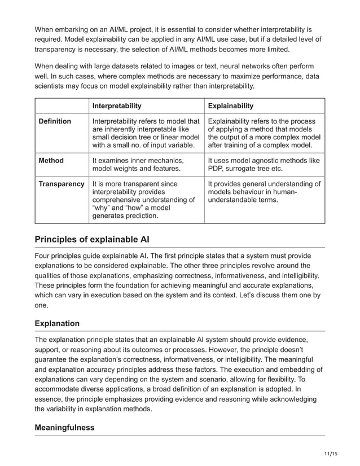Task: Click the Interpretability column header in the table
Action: pos(116,105)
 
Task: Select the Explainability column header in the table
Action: pos(230,105)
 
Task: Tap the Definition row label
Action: pos(54,121)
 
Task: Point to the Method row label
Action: pos(51,161)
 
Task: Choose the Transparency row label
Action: pos(61,184)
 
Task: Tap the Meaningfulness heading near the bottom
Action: pos(64,428)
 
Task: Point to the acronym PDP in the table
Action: pos(217,169)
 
